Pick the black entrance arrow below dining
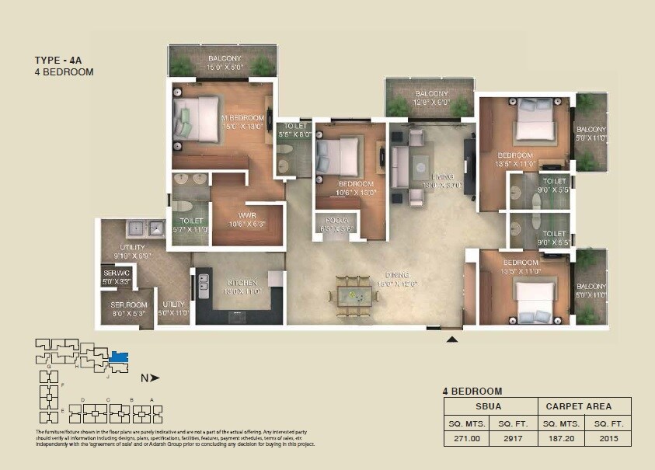click(452, 338)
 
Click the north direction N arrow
click(150, 378)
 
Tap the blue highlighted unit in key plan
click(119, 357)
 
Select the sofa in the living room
click(401, 166)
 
